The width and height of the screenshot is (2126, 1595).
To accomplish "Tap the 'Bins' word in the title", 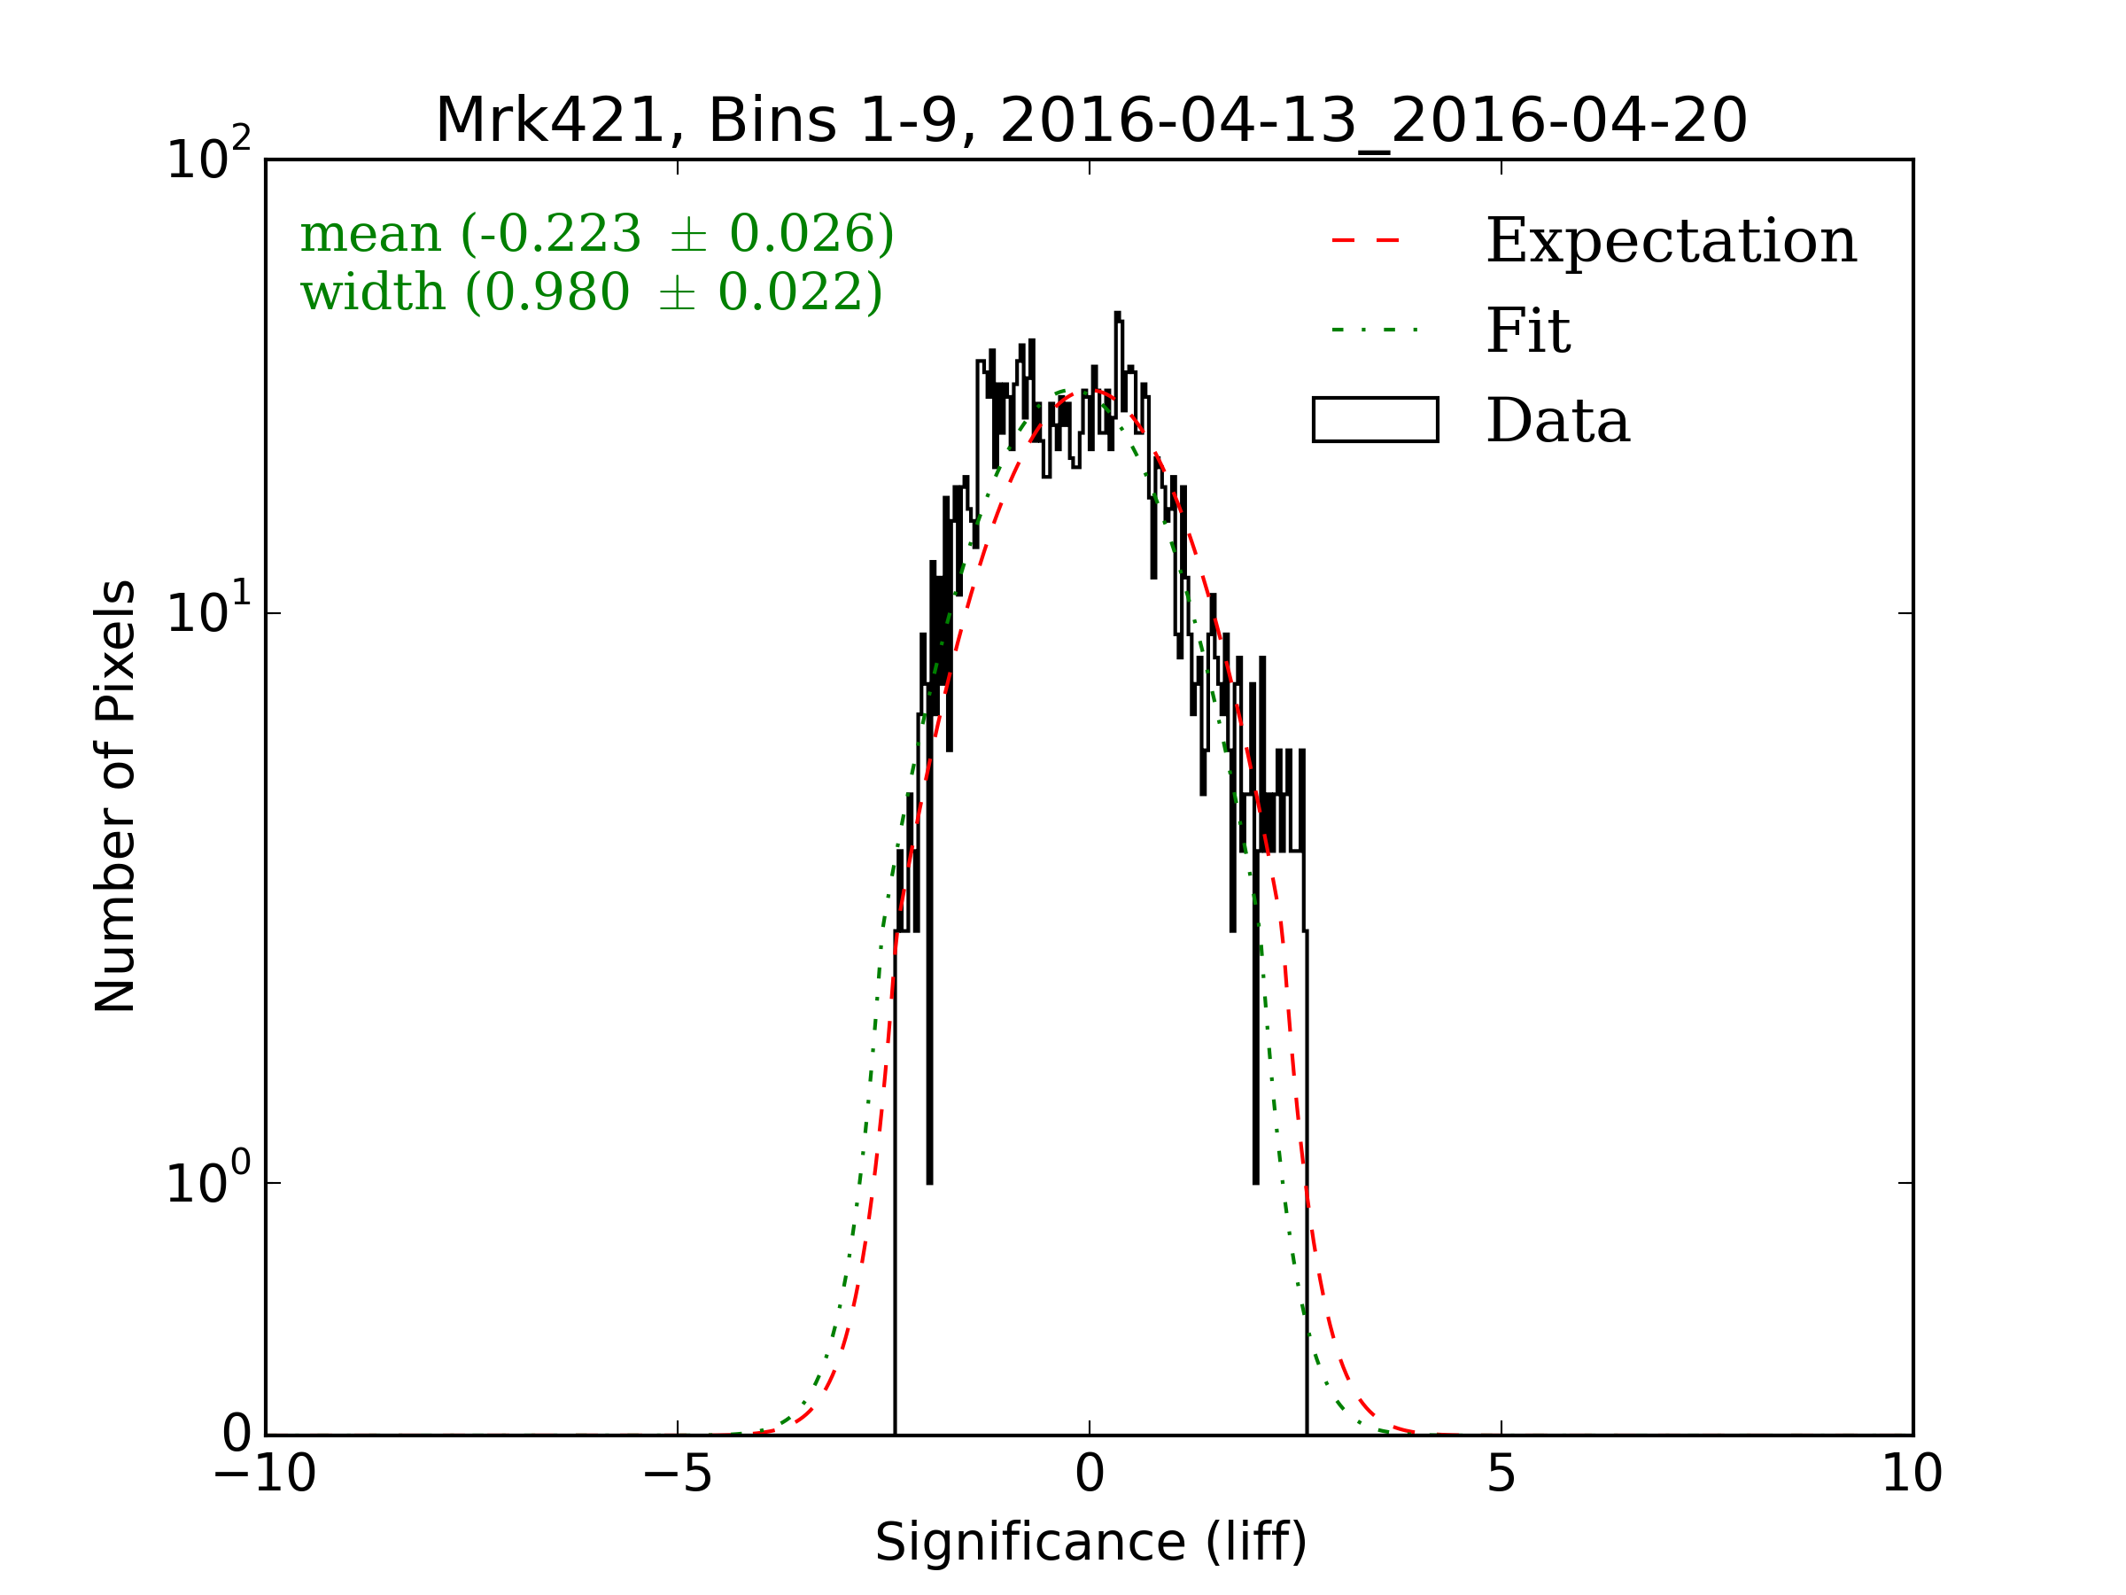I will click(x=772, y=122).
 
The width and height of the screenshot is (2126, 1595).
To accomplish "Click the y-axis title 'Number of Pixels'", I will click(x=115, y=796).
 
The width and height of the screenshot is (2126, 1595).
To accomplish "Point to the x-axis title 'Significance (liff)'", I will click(x=1090, y=1543).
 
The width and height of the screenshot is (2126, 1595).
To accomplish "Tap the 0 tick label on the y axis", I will click(x=237, y=1435).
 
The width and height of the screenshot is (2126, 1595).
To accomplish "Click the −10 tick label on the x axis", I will click(x=264, y=1474).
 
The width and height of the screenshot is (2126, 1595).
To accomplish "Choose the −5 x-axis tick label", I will click(x=677, y=1474).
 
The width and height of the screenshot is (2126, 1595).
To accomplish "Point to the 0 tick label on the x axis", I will click(x=1090, y=1474).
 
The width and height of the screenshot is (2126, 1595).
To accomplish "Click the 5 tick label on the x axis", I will click(x=1501, y=1474).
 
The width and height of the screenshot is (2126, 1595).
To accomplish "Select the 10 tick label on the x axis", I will click(x=1912, y=1474).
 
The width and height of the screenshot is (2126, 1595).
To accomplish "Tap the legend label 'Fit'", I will click(x=1528, y=331).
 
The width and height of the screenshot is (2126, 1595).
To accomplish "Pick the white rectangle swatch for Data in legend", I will click(x=1376, y=420).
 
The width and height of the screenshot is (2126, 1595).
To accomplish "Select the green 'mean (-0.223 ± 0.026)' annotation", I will click(x=597, y=234).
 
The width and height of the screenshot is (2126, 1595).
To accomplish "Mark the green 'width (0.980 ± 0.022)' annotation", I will click(x=591, y=292).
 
